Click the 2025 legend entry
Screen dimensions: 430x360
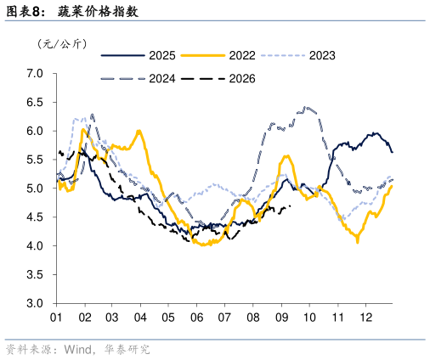click(139, 55)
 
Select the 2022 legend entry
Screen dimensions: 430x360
click(218, 55)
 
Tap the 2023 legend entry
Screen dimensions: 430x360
click(298, 55)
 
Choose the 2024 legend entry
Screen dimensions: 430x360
click(139, 79)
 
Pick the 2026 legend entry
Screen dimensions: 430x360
click(218, 79)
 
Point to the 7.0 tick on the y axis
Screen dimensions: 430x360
click(35, 74)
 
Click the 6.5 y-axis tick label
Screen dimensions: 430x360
click(35, 102)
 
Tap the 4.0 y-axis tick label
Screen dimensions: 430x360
click(35, 245)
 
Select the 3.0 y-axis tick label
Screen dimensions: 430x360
click(35, 303)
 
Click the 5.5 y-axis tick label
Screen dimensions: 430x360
click(35, 160)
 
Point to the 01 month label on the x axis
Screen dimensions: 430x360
click(56, 318)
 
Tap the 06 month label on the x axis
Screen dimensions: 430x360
click(196, 318)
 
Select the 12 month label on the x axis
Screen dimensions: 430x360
click(365, 318)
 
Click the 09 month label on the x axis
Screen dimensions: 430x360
click(281, 318)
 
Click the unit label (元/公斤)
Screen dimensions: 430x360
click(62, 44)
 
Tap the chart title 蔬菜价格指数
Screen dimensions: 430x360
click(98, 12)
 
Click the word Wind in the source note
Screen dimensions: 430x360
click(77, 350)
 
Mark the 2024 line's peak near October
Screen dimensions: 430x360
click(305, 108)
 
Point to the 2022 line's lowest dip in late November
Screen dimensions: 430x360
click(358, 242)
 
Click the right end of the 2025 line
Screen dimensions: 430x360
click(392, 152)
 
